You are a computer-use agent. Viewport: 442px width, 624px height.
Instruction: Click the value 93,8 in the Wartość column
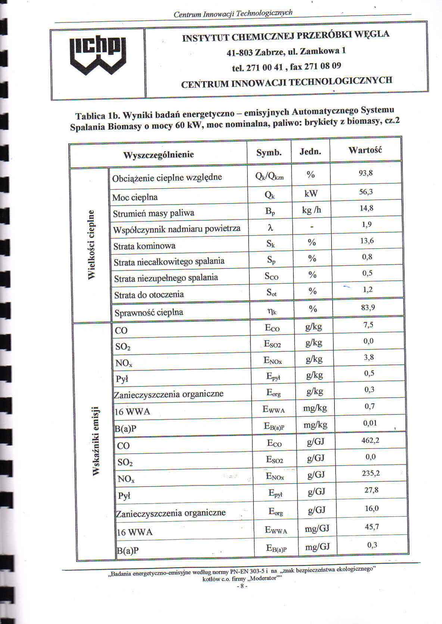tap(366, 173)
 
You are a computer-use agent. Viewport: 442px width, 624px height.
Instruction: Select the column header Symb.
tap(269, 153)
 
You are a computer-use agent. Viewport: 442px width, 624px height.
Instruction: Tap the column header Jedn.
tap(310, 152)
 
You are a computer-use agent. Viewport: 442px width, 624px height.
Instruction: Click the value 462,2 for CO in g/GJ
tap(370, 440)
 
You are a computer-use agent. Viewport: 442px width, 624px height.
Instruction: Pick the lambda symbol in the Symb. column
tap(271, 227)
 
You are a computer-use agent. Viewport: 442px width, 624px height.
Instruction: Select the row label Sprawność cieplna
tap(149, 313)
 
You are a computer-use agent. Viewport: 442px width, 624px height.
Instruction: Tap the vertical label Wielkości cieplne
tap(91, 245)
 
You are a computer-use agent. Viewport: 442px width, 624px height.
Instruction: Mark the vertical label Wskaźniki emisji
tap(96, 440)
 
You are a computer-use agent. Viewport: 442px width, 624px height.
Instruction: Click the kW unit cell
tap(311, 193)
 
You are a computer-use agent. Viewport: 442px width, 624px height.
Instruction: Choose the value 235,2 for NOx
tap(371, 473)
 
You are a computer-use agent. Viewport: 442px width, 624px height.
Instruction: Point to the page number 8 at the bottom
tap(242, 586)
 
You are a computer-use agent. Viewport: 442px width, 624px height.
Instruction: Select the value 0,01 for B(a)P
tap(370, 423)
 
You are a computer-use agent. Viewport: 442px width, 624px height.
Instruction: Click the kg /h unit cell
tap(311, 210)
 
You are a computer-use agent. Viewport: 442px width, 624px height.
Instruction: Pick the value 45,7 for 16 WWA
tap(372, 527)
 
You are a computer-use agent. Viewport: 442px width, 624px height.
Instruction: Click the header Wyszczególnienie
tap(158, 155)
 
